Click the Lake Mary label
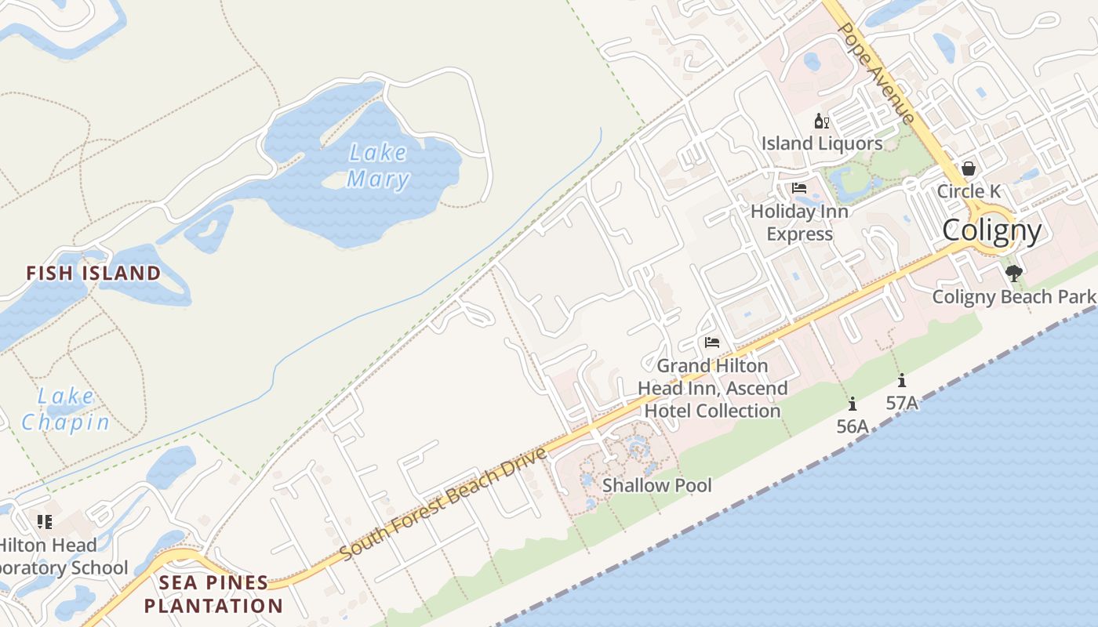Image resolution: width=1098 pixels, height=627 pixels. coord(378,165)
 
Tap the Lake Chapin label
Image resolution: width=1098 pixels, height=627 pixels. coord(65,409)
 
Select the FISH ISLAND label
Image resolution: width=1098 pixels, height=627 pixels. coord(93,273)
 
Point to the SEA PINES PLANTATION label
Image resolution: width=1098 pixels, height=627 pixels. coord(213,594)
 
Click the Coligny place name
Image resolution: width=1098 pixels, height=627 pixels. coord(991,230)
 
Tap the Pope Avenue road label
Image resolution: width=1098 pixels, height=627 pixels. coord(876,72)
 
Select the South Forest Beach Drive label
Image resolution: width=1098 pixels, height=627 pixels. coord(444,504)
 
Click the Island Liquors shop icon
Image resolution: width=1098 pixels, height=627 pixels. coord(822,121)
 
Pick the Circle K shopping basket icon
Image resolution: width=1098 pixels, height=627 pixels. coord(969,169)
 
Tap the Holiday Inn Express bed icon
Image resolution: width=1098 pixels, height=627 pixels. coord(799,188)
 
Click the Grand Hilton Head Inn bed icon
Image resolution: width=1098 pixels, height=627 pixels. coord(712,342)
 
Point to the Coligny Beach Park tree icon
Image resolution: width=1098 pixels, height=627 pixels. coord(1014,274)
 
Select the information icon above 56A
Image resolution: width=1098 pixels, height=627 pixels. coord(853,404)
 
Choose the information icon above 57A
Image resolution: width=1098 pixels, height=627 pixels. coord(902,381)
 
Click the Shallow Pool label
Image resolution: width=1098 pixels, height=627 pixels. coord(657,485)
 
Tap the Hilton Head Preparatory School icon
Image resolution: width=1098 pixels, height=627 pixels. coord(45,521)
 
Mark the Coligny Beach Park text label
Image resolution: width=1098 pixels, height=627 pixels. coord(1013,297)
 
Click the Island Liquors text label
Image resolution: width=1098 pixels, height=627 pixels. coord(822,143)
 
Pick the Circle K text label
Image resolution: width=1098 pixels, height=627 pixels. coord(969,191)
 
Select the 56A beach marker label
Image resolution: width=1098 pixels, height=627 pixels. coord(853,426)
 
